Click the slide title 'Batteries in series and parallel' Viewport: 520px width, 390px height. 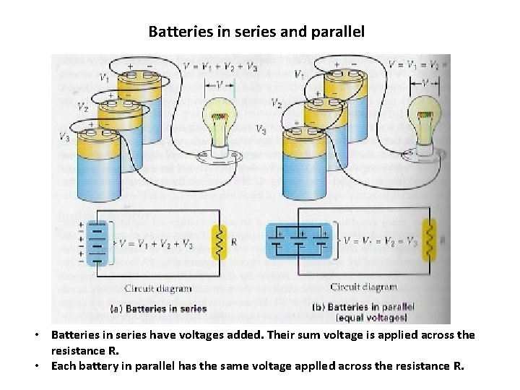point(256,32)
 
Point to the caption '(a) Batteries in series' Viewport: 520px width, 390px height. point(158,308)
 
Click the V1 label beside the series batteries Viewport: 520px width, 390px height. point(105,77)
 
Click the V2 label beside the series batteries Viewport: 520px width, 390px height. point(84,107)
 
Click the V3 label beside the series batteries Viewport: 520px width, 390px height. point(65,135)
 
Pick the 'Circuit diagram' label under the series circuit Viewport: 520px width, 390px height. point(158,288)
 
